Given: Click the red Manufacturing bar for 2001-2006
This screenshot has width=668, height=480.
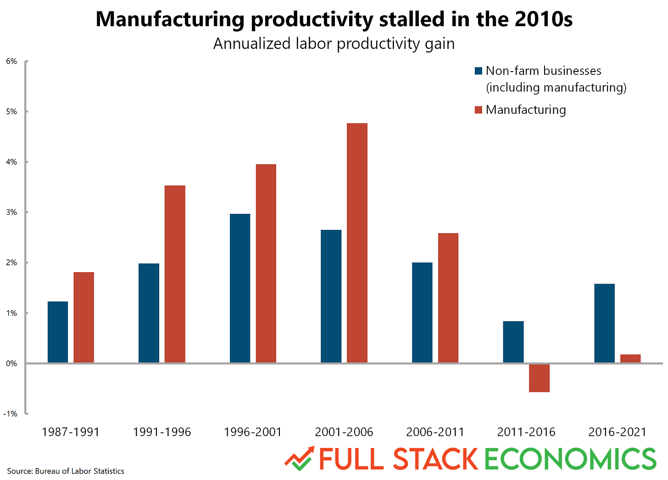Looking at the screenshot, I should coord(357,243).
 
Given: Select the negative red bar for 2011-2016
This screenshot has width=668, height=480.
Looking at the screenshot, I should coord(539,378).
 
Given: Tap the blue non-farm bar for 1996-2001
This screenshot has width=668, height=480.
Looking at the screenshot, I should coord(240,288).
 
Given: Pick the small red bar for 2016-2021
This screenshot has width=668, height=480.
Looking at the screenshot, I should coord(630,358).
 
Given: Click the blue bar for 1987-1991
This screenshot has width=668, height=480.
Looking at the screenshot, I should coord(58,332).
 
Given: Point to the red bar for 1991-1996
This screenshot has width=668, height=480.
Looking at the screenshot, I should coord(175,274).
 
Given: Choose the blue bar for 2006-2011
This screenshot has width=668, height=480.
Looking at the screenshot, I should coord(422,312).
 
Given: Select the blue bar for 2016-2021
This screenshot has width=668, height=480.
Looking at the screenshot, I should coord(604,323).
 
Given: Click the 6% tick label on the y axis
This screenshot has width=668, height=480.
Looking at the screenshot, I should coord(11,61).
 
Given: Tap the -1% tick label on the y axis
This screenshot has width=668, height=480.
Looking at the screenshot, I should coord(10,414).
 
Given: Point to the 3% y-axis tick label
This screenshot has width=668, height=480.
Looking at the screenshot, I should coord(11,212).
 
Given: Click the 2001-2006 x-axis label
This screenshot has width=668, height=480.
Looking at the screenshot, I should coord(344,432).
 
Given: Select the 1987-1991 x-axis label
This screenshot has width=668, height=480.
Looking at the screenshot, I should coord(71,432).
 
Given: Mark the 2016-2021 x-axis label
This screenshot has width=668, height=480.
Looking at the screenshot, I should coord(617,432).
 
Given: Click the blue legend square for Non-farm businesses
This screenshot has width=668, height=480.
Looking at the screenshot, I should coord(479,71).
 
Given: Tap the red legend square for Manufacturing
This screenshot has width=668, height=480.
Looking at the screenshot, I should coord(479,110).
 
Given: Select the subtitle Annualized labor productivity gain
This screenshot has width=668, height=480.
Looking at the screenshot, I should coord(334,44).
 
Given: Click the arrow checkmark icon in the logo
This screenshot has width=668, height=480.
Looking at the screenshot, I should coord(299,458).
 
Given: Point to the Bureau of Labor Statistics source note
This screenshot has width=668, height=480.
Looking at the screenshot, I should coord(66,471).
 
